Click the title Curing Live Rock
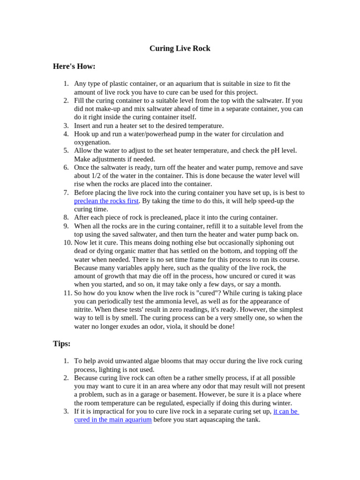180,49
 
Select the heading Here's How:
74,67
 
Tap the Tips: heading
62,344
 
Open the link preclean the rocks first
106,201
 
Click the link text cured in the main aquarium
113,420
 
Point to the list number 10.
67,243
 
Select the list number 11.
67,293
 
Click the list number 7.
66,193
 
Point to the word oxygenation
92,142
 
